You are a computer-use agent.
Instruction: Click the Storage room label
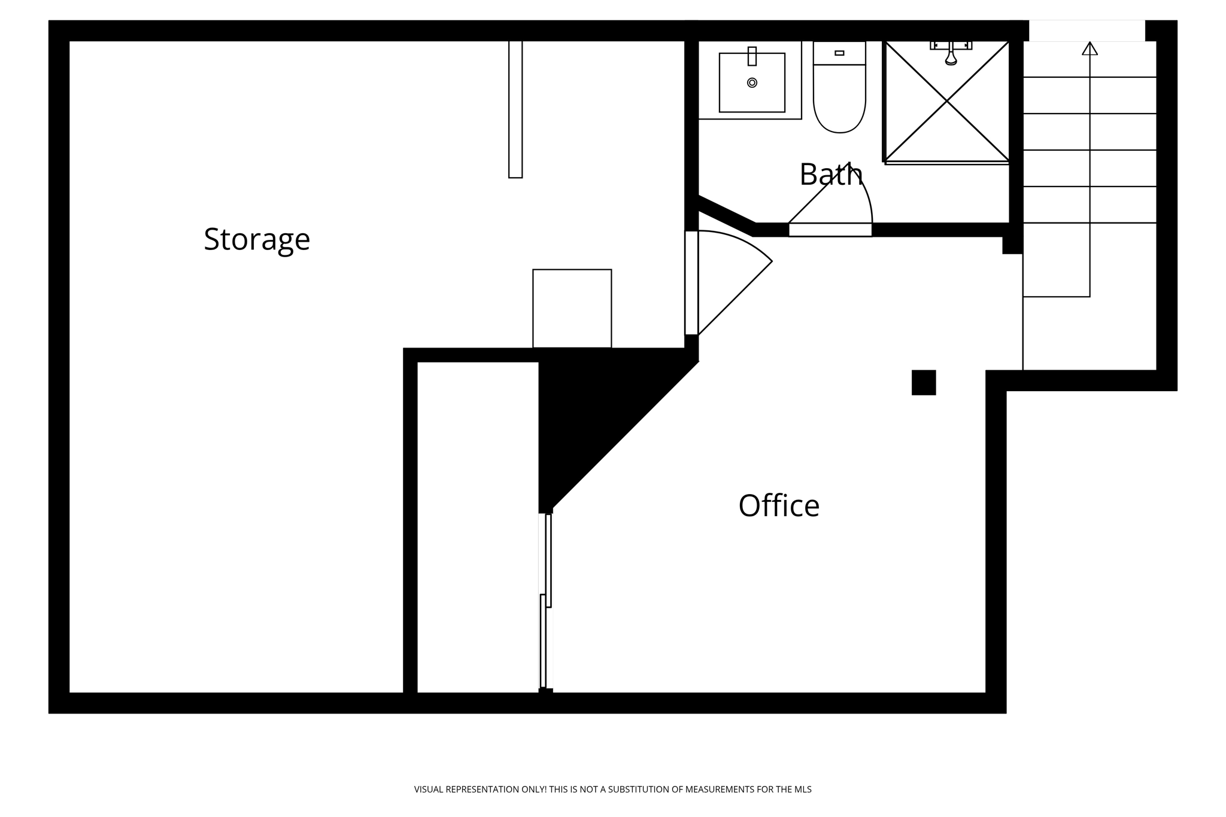click(x=257, y=239)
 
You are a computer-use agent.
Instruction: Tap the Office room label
click(x=778, y=506)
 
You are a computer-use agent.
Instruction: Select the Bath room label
click(x=830, y=175)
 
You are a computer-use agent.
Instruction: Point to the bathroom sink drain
click(x=752, y=83)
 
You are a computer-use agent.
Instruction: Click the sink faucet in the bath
click(x=752, y=56)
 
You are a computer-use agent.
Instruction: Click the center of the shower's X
click(x=947, y=102)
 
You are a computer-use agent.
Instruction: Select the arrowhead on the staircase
click(x=1090, y=48)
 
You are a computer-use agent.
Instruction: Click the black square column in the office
click(x=923, y=382)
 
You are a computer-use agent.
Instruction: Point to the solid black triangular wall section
click(x=593, y=407)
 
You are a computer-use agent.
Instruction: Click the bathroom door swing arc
click(x=862, y=188)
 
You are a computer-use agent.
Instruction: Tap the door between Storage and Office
click(x=691, y=282)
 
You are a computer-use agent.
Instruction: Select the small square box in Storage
click(x=572, y=308)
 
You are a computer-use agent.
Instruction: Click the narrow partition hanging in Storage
click(x=515, y=109)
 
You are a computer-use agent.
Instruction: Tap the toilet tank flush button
click(x=839, y=53)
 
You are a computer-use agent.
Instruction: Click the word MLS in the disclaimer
click(x=803, y=789)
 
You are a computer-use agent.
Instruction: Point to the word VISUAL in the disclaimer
click(x=429, y=789)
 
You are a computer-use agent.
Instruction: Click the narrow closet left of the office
click(x=477, y=526)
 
